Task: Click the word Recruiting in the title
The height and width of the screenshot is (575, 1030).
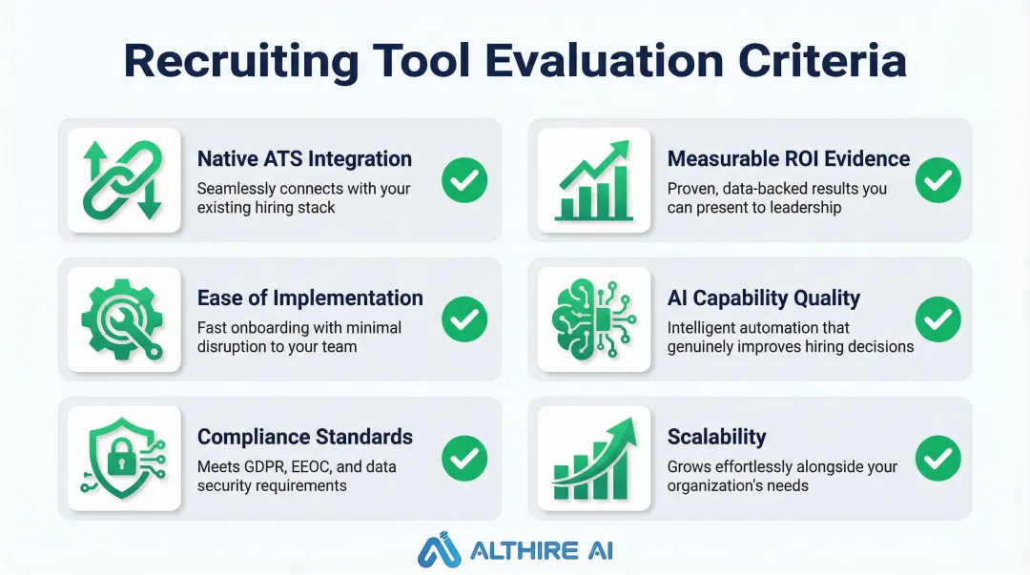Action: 241,61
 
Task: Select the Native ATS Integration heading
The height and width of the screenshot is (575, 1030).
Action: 304,159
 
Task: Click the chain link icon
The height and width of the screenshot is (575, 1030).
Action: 123,180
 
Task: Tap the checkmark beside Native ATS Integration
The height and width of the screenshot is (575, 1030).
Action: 464,180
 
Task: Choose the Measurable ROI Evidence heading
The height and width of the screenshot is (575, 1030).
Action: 789,159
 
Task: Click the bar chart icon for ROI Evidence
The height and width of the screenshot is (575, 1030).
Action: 594,180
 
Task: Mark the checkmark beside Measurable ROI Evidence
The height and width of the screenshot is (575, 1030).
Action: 938,180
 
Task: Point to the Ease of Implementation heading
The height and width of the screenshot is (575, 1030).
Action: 310,298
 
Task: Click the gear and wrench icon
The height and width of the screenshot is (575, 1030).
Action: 123,319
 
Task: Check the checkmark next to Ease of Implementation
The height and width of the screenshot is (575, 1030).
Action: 464,319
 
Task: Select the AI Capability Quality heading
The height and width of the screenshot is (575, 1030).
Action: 764,298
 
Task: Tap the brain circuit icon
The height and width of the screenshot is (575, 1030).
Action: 594,319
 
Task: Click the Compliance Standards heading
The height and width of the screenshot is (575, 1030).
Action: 305,438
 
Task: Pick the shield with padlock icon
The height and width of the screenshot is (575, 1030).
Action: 123,459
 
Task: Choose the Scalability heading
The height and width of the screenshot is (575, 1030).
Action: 717,438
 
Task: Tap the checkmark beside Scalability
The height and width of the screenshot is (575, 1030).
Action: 938,459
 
